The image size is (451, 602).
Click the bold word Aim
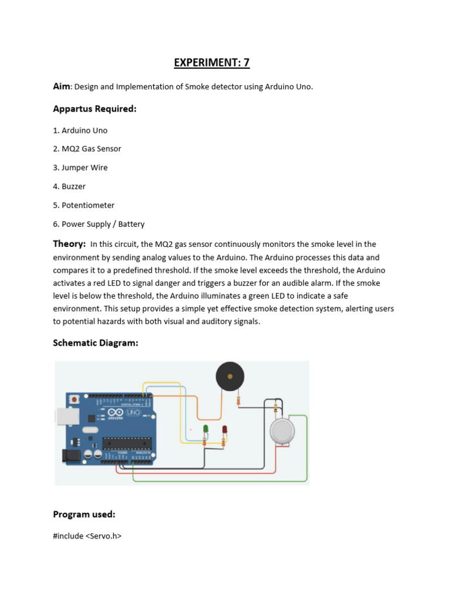pos(62,86)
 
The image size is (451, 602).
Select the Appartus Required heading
pos(95,109)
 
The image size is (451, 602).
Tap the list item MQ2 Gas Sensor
pos(91,149)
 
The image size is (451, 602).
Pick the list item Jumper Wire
pos(85,168)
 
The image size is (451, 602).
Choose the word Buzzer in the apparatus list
pos(73,186)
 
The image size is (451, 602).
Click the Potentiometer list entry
pos(88,205)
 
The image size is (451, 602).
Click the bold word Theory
pos(69,243)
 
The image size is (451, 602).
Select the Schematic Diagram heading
pos(96,343)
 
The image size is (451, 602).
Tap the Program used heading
pos(84,514)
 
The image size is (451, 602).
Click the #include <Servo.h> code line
pos(87,536)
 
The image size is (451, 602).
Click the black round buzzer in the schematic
pos(229,376)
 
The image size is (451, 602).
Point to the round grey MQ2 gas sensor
pos(282,431)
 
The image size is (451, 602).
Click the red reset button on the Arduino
pos(73,399)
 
